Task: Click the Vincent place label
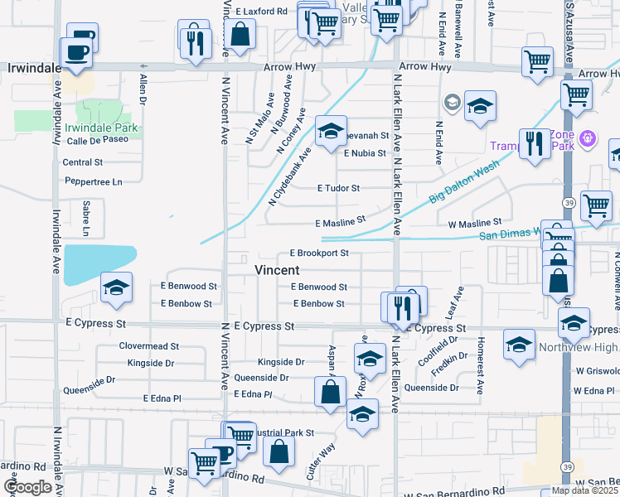(277, 270)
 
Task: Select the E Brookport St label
(319, 253)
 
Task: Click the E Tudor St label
(339, 189)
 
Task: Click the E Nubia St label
(365, 153)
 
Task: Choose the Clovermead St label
(149, 346)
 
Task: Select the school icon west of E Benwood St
(116, 287)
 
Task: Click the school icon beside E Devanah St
(330, 131)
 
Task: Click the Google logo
(27, 487)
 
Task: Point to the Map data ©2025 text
(584, 490)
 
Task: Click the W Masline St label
(474, 223)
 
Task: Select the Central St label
(82, 162)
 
